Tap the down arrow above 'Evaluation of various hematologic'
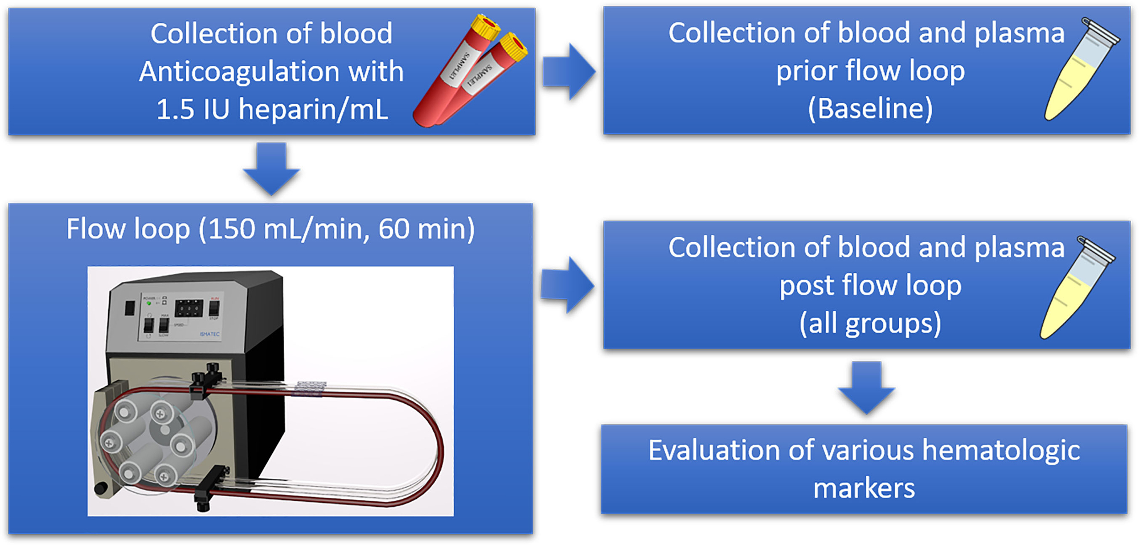[866, 387]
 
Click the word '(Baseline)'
[870, 108]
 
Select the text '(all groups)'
[870, 323]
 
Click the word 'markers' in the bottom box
[864, 488]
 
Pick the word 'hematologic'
[1001, 450]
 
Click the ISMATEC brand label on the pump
[209, 334]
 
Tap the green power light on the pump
[149, 304]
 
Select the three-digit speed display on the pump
[189, 309]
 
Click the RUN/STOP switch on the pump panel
[214, 308]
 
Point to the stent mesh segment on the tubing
[308, 388]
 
